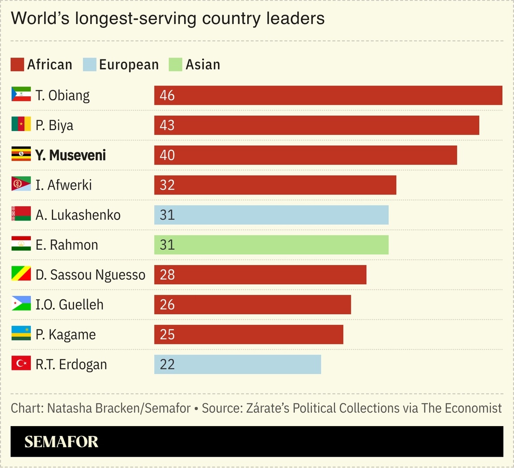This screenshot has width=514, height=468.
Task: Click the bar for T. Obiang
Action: point(328,95)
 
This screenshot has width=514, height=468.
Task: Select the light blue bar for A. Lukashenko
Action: point(271,215)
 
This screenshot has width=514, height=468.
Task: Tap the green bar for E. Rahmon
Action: point(271,245)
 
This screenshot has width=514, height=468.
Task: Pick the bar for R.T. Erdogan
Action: point(237,364)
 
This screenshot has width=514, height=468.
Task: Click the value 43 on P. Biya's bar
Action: point(167,125)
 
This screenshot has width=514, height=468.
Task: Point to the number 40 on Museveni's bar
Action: point(167,155)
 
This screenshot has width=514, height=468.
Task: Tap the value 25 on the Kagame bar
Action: point(167,335)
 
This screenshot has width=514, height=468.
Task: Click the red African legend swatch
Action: point(17,65)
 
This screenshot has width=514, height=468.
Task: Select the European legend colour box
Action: point(89,65)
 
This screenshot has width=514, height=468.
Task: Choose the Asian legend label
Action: point(203,65)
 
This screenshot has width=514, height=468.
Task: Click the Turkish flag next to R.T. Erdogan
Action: point(21,363)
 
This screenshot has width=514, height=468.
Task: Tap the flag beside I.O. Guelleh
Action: point(21,303)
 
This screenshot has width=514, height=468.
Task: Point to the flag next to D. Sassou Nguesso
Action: point(21,273)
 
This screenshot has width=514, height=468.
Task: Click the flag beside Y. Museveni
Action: point(21,154)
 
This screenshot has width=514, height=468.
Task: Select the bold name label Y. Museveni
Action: point(70,155)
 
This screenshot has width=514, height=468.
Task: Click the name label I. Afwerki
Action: point(63,185)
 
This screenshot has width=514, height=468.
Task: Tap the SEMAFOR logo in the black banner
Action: point(61,442)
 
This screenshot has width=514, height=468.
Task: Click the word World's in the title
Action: point(41,19)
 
